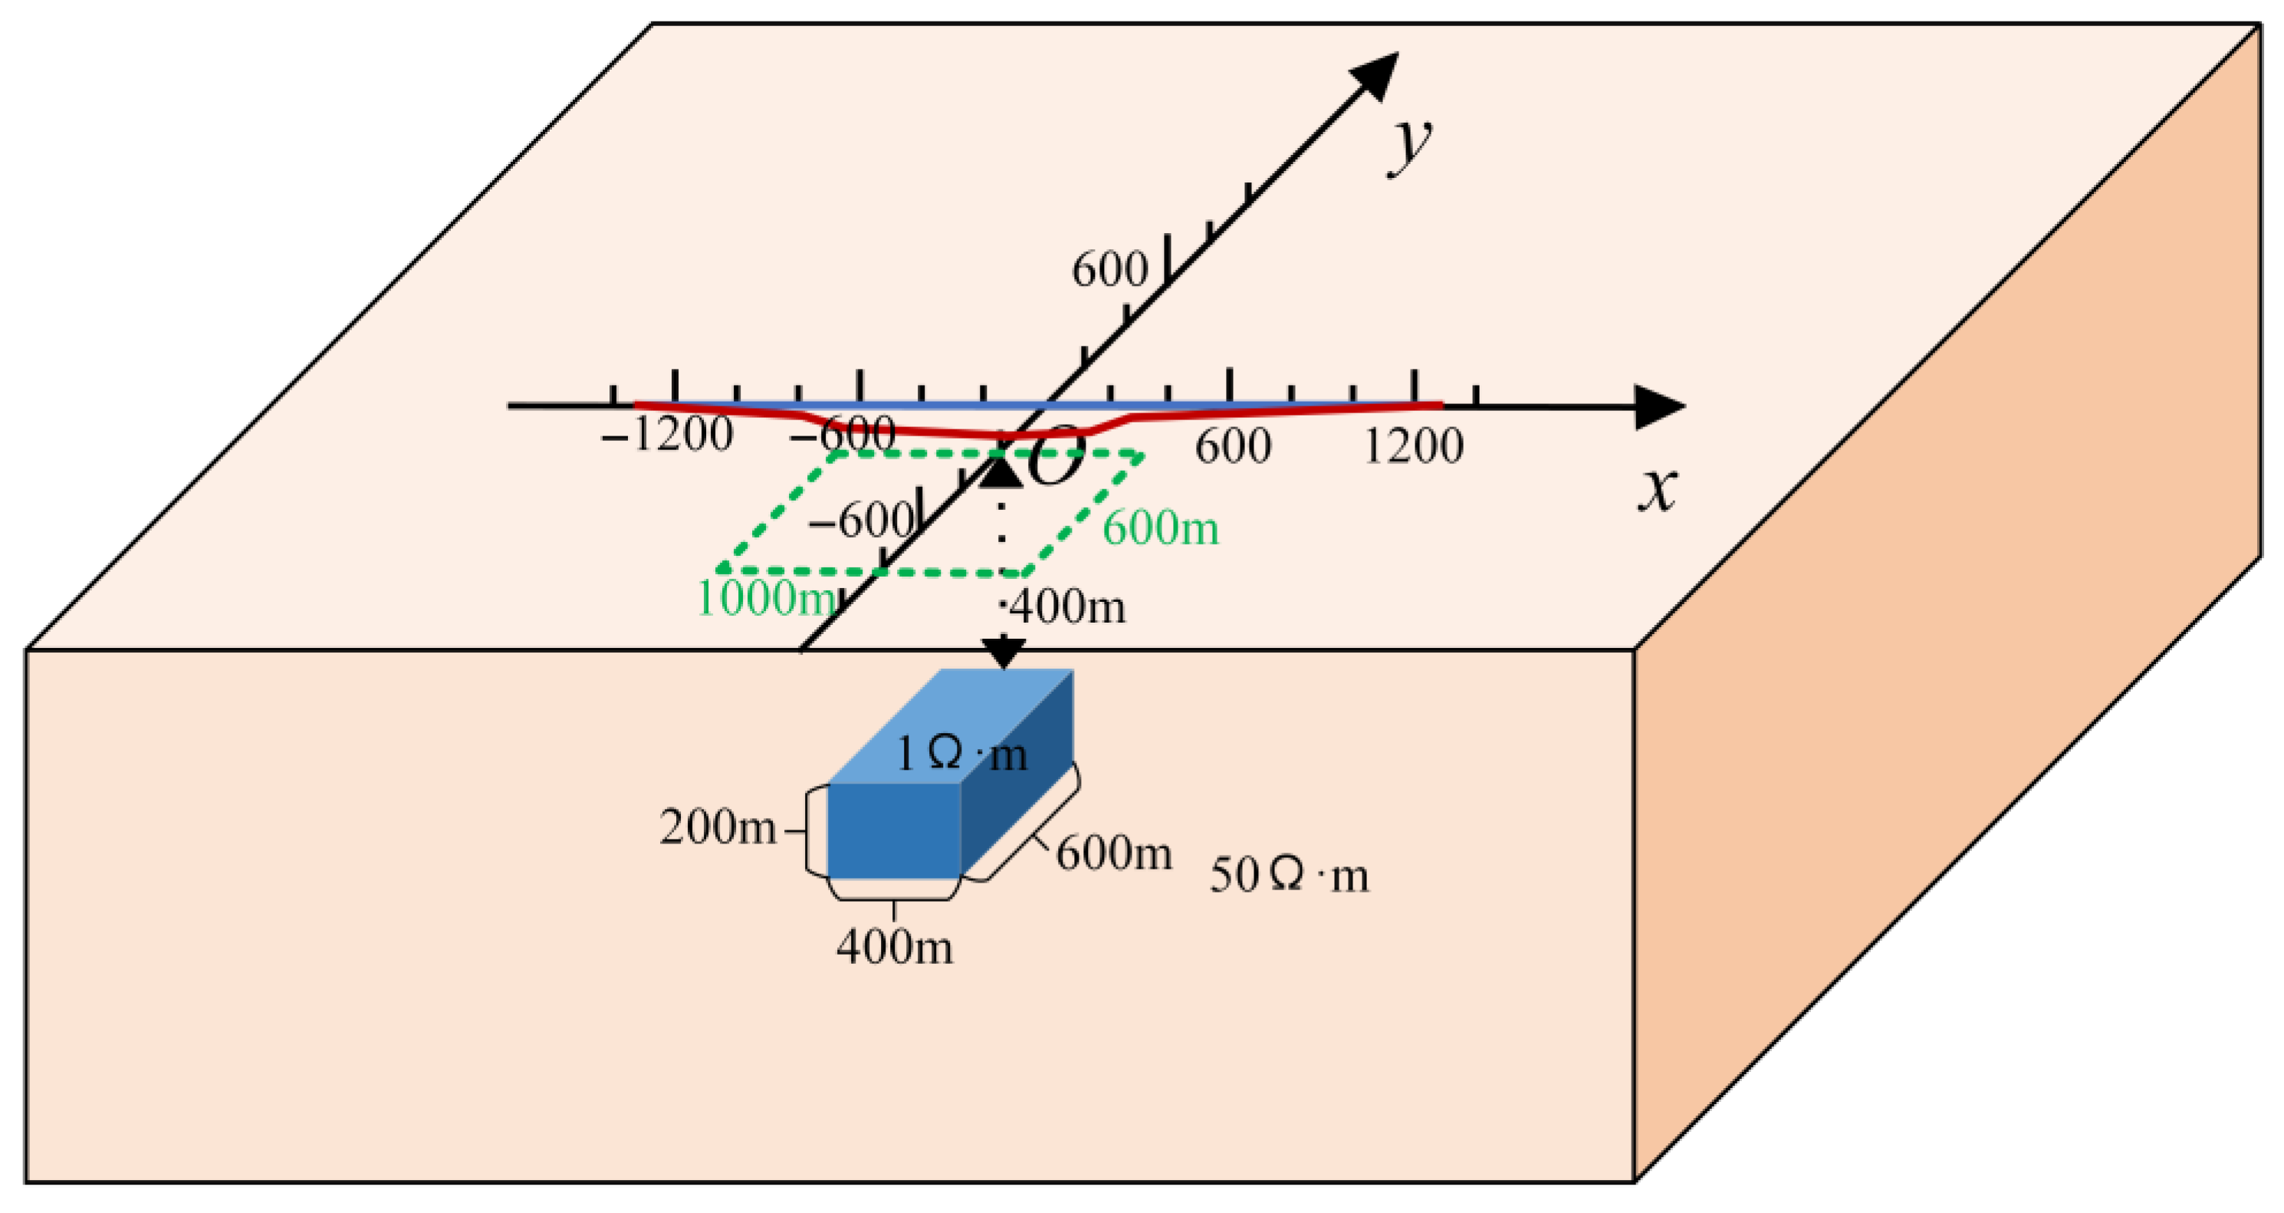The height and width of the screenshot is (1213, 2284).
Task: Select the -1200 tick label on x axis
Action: click(x=667, y=435)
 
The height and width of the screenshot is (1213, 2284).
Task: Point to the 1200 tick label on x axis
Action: click(x=1412, y=445)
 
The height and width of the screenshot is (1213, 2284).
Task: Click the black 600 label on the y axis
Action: click(x=1109, y=270)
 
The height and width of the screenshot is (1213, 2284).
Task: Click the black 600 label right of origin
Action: click(x=1232, y=445)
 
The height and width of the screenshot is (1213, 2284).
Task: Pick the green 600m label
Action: click(x=1161, y=529)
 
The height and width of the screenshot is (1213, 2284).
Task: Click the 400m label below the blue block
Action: click(x=895, y=947)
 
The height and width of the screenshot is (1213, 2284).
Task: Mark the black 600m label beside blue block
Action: click(x=1113, y=854)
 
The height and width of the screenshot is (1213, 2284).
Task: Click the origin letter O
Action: click(x=1057, y=455)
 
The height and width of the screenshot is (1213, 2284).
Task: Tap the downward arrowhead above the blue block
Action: click(x=1004, y=654)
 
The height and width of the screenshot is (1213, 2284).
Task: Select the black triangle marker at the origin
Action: click(x=1002, y=471)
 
